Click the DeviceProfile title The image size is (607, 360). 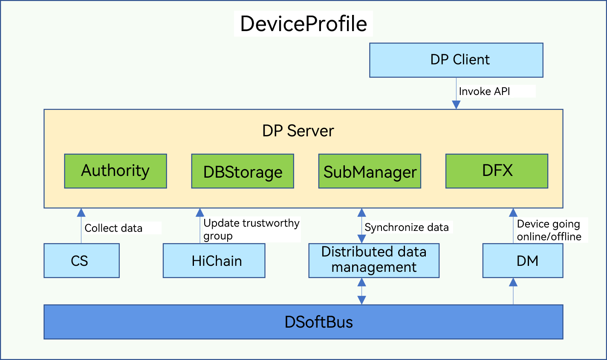pos(303,24)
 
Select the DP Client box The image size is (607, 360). pos(456,60)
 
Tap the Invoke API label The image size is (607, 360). pos(484,92)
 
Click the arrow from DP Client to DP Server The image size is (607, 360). pos(456,94)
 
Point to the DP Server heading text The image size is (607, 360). pos(298,131)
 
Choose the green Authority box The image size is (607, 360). pos(116,171)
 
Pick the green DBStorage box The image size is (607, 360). pos(243,171)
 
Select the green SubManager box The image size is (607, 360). pos(370,171)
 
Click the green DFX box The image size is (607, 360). pos(497,171)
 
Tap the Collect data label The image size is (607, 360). pos(113,228)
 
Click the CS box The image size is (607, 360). pos(81,261)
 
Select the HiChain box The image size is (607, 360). pos(214,261)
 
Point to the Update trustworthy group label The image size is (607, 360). pos(251,229)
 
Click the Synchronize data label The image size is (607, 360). pos(407,228)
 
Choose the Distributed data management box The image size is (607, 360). pos(374,260)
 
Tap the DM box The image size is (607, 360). pos(523,261)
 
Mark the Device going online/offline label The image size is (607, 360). pos(549,230)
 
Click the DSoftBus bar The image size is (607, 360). pos(303,322)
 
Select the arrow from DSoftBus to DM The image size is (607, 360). pos(513,291)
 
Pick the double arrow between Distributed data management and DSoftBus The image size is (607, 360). pos(362,291)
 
